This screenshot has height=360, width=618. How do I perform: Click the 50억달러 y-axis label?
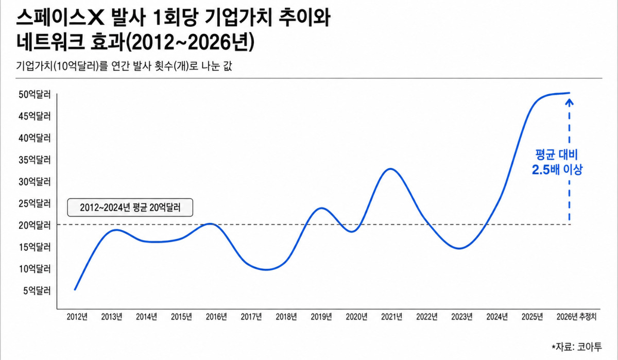click(35, 95)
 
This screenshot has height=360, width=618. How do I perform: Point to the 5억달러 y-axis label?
click(37, 290)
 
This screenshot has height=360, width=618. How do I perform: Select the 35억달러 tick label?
click(35, 160)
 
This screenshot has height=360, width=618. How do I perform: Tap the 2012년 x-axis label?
click(77, 317)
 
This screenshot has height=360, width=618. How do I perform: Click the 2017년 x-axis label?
click(251, 317)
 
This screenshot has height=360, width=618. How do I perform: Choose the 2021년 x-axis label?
click(391, 317)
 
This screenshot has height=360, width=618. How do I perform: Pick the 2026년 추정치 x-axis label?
click(576, 317)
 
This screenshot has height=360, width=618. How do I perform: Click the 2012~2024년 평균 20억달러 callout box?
click(130, 208)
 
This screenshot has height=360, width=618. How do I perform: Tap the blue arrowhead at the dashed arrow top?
click(570, 102)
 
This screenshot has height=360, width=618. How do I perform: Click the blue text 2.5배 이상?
click(557, 169)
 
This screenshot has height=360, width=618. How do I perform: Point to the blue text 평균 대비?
click(557, 155)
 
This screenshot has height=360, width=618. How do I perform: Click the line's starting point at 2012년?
click(75, 289)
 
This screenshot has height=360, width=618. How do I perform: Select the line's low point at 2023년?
click(459, 248)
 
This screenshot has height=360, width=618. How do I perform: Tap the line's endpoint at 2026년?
click(569, 93)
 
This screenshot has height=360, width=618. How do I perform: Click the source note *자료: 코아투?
click(577, 347)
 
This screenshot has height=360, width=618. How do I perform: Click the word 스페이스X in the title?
click(60, 18)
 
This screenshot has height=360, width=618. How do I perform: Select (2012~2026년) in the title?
click(190, 42)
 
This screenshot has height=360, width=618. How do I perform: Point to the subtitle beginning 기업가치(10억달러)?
click(124, 66)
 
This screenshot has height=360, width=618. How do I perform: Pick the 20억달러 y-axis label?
click(35, 225)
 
